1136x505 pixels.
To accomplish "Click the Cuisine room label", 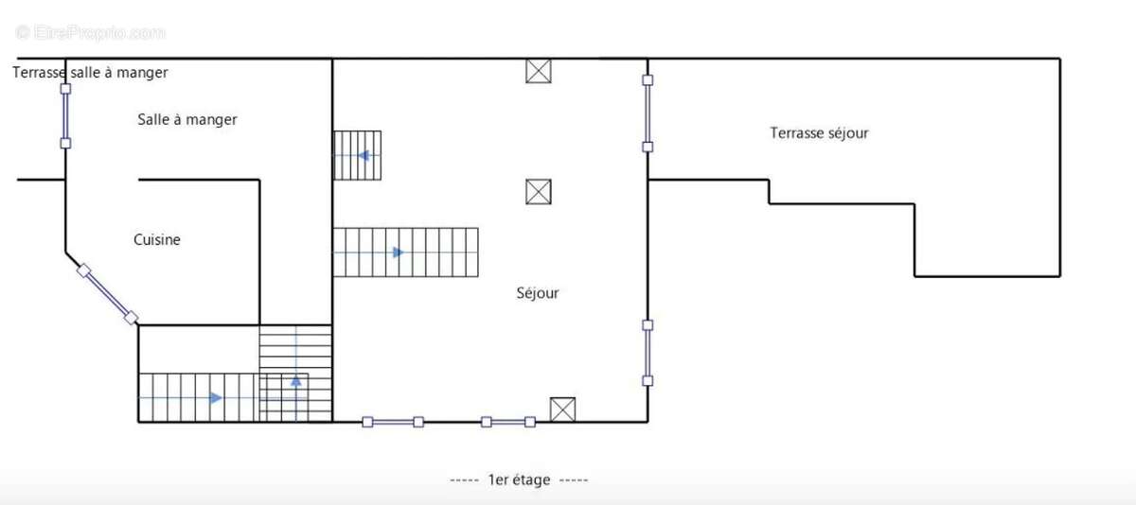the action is (157, 239).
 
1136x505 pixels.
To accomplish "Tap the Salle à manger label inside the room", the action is (187, 120).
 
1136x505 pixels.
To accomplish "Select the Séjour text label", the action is (538, 293).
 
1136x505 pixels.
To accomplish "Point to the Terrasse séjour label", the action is (819, 133).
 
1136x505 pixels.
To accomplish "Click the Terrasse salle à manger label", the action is (90, 73).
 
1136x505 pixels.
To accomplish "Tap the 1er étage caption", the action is (519, 479).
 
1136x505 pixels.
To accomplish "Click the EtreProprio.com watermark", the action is (90, 33).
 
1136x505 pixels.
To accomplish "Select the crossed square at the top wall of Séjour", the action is (539, 71).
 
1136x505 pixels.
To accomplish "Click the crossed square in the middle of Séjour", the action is (539, 192).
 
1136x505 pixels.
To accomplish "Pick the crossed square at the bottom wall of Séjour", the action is (563, 409).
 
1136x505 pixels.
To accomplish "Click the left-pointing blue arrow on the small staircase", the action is (364, 155).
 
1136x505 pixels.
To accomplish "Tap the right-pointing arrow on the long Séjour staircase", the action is (399, 252).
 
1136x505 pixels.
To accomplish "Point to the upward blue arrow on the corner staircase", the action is (296, 381).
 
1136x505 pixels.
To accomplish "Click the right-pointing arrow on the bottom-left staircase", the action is (216, 398).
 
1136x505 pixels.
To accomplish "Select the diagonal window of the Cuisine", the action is (108, 294).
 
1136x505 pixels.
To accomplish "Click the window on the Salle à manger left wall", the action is (65, 116).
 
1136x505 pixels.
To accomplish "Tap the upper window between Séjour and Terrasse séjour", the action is (648, 113).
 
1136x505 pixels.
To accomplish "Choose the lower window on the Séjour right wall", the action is (648, 353).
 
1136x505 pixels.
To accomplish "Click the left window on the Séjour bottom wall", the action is (393, 422).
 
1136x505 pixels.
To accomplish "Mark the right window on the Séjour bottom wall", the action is (508, 422).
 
